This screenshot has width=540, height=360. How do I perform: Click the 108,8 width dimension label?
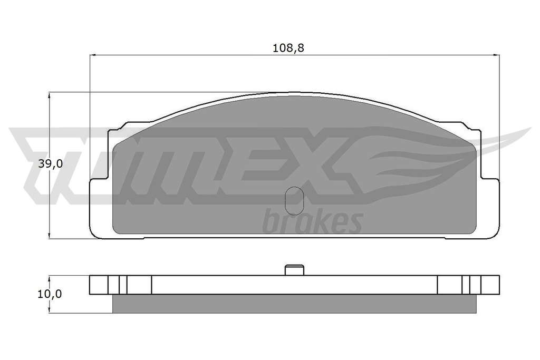tap(288, 48)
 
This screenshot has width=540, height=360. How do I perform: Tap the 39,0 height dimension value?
tap(50, 164)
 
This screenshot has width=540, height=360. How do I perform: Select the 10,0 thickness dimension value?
tap(50, 294)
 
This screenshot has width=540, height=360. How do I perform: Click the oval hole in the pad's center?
tap(294, 201)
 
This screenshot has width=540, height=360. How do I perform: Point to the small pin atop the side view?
tap(294, 270)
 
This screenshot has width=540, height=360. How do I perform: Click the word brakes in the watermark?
tap(312, 221)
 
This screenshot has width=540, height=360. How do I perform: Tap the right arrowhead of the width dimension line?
tap(496, 54)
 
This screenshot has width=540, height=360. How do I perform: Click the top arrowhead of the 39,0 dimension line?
tap(50, 95)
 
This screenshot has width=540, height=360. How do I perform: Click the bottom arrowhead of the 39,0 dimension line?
tap(50, 235)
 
